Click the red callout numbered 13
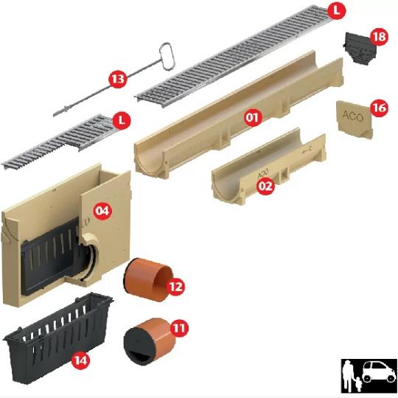(x=118, y=79)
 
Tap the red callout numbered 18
(x=379, y=37)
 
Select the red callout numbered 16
(x=380, y=108)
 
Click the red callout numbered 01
(x=253, y=117)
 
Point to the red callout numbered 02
(x=265, y=186)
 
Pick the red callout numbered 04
(x=102, y=210)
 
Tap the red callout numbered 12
(x=175, y=287)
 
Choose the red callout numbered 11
(x=179, y=328)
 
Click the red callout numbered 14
(x=81, y=360)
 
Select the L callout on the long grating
(x=336, y=10)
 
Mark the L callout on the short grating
(x=122, y=120)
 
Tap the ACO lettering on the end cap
(x=353, y=116)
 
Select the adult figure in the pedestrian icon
(x=348, y=376)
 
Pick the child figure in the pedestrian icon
(x=358, y=383)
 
